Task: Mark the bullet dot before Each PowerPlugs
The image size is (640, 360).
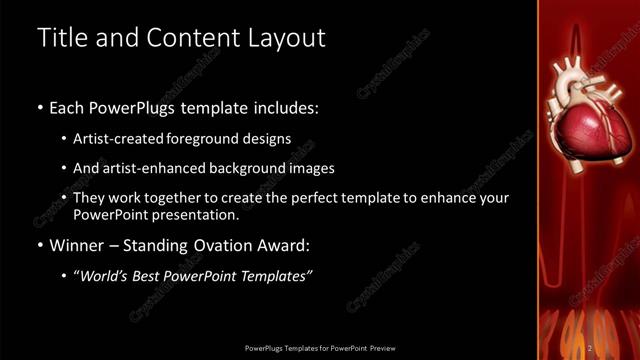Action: coord(39,107)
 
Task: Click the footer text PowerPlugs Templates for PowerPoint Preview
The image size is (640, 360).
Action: coord(319,347)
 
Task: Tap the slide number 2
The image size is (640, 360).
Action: coord(591,347)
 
